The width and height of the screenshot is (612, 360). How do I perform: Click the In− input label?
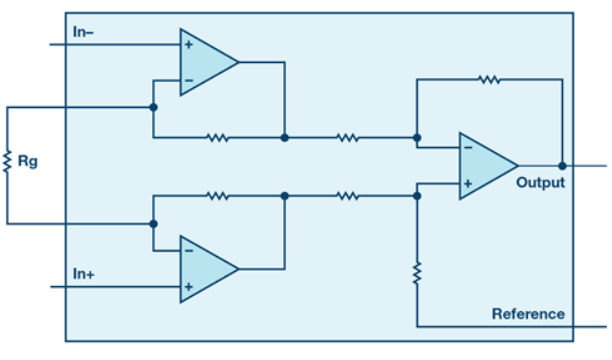point(83,32)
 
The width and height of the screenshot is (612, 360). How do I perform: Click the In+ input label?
point(84,274)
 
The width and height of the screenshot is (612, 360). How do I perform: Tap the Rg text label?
point(28,161)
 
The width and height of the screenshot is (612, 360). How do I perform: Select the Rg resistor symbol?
point(7,162)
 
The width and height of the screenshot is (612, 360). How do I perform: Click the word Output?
point(541,182)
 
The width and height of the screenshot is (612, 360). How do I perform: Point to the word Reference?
point(528,314)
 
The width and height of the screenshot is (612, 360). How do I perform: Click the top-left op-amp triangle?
point(209,62)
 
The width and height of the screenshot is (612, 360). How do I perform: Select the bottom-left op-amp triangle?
point(209,269)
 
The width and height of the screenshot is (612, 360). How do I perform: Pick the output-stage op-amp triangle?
point(489,166)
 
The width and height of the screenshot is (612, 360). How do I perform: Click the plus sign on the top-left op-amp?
point(189,45)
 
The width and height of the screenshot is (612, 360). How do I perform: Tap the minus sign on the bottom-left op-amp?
point(189,251)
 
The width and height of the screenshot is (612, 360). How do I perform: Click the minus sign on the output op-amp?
point(468,148)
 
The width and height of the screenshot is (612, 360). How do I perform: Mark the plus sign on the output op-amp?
point(468,184)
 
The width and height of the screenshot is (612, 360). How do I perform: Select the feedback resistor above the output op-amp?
point(489,80)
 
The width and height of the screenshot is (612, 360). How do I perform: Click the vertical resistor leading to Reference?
point(417,273)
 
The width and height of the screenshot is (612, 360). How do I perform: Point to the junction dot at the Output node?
point(562,166)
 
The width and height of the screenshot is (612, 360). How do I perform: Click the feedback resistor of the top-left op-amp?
point(217,137)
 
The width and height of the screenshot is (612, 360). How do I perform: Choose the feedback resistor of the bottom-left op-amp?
point(217,196)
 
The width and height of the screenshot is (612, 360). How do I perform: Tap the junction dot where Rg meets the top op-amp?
point(153,107)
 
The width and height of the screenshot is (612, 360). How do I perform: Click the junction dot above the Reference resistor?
point(417,196)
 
